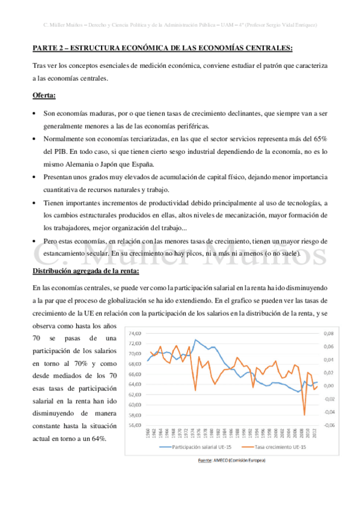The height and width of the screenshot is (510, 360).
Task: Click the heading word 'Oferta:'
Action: click(44, 96)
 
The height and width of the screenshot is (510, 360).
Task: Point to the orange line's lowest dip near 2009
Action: click(305, 415)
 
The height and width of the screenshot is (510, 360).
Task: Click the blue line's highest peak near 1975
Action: click(195, 340)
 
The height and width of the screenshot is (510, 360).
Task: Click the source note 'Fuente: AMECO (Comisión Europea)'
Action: click(231, 461)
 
